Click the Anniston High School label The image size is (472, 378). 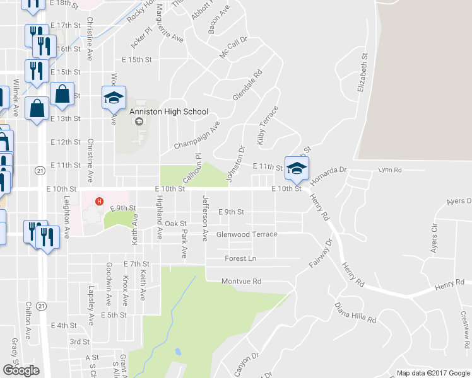tap(168, 112)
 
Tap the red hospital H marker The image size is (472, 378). tap(98, 202)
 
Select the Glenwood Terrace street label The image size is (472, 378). tap(247, 234)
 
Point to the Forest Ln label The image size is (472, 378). tap(240, 258)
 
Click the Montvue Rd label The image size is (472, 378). tap(241, 282)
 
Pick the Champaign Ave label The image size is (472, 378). tap(196, 134)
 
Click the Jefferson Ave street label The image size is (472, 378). tap(204, 219)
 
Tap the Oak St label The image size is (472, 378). tap(175, 224)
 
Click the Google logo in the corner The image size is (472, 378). tap(21, 370)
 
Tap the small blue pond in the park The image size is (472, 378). tap(178, 352)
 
